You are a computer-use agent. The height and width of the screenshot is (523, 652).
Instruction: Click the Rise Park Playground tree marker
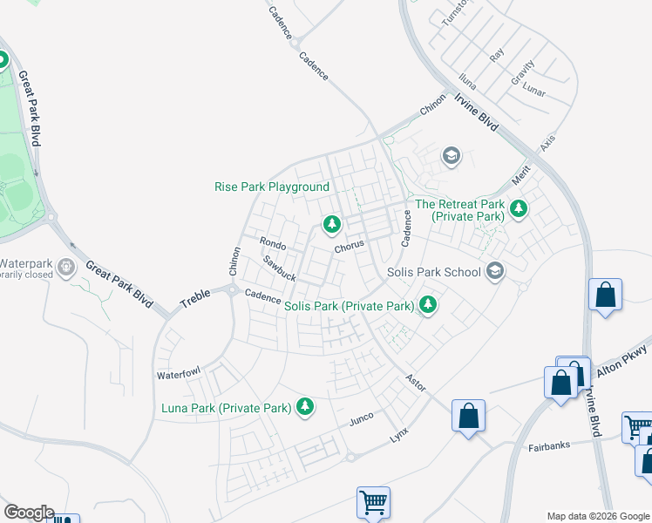[x=331, y=225]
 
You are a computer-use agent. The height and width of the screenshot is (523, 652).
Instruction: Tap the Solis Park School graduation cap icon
[x=496, y=271]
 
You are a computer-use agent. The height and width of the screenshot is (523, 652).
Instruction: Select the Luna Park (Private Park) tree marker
[x=304, y=406]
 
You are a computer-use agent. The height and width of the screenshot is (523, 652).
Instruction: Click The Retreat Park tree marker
[x=519, y=208]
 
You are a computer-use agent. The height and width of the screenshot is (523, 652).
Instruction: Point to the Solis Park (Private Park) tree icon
[x=427, y=305]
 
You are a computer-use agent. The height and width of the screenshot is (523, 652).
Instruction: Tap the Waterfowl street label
[x=179, y=375]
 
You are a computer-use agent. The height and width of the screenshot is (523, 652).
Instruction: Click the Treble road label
[x=196, y=298]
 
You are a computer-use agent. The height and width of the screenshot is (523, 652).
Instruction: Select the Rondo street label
[x=273, y=243]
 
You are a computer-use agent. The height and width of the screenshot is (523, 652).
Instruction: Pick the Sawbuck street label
[x=280, y=268]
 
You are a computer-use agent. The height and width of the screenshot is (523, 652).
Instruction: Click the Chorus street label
[x=350, y=248]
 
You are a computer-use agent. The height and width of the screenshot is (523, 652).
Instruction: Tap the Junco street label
[x=361, y=418]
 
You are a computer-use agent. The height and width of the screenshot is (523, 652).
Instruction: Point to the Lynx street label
[x=399, y=433]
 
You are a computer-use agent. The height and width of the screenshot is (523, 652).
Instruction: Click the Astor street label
[x=415, y=382]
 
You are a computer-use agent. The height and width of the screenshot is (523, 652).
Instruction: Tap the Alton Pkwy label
[x=622, y=362]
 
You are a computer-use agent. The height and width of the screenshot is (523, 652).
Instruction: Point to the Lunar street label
[x=533, y=88]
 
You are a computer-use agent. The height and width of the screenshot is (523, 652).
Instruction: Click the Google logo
[x=29, y=513]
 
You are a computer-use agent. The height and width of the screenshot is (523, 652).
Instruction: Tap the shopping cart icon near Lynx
[x=373, y=502]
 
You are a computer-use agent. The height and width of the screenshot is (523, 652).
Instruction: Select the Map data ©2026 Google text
[x=598, y=516]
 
